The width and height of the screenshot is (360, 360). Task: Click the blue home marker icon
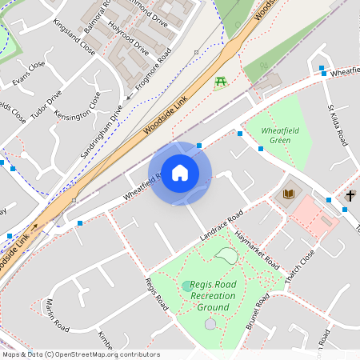[180, 173]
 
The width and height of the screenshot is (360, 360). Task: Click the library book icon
[288, 194]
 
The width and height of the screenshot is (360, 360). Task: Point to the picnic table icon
[221, 82]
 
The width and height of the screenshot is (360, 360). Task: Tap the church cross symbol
[350, 195]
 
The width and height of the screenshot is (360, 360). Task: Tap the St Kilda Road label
[337, 125]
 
